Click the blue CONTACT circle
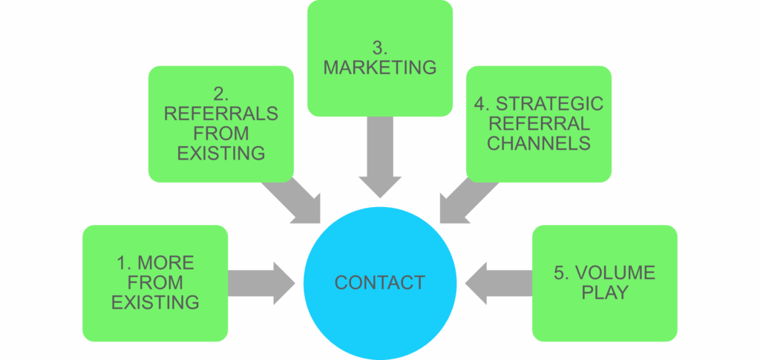click(379, 312)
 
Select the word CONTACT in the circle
click(379, 283)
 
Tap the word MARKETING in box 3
click(379, 68)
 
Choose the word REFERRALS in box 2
click(221, 114)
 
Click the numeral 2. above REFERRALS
click(221, 95)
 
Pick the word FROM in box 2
click(221, 134)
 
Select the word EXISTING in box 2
click(221, 154)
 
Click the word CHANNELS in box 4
click(539, 143)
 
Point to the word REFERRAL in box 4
click(539, 124)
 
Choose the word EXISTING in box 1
click(155, 302)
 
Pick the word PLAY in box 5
click(604, 292)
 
